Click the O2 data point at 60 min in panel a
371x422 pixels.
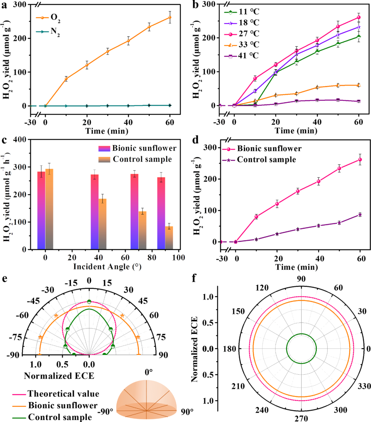pyautogui.click(x=170, y=17)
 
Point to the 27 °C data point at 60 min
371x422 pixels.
pyautogui.click(x=359, y=17)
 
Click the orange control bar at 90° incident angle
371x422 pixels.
pyautogui.click(x=169, y=237)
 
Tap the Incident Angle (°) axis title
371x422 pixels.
pyautogui.click(x=107, y=267)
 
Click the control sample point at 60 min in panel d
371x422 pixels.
pyautogui.click(x=360, y=215)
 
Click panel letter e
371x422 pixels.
pyautogui.click(x=4, y=279)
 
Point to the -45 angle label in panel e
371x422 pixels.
pyautogui.click(x=33, y=301)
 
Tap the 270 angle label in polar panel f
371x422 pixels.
pyautogui.click(x=301, y=418)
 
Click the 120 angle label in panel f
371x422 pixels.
pyautogui.click(x=262, y=288)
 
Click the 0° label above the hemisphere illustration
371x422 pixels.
pyautogui.click(x=148, y=372)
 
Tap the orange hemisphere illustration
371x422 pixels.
pyautogui.click(x=148, y=398)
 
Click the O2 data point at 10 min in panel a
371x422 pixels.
pyautogui.click(x=66, y=79)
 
